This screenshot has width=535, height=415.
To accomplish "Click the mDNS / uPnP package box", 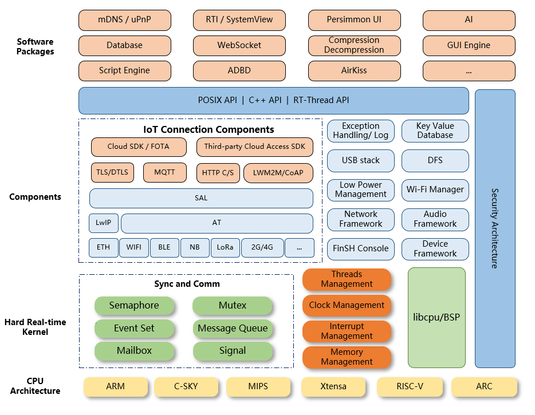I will point(125,19).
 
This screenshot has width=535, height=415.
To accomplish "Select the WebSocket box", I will point(239,45).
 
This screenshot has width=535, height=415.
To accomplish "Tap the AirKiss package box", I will point(354,71).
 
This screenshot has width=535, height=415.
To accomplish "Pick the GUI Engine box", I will point(469,45).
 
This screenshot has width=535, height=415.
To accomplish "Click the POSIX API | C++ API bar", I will point(273,100).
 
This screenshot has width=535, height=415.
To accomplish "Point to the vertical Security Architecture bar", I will point(495,228).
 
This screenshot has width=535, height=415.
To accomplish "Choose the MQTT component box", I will point(164,172).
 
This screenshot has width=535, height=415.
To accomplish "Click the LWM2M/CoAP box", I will point(278,173).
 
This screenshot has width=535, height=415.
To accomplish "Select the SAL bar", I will point(201,198).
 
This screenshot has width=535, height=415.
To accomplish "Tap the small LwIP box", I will point(103,223).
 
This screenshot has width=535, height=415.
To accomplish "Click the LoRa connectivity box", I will point(225,248).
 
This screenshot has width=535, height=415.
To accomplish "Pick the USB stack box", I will point(361,161).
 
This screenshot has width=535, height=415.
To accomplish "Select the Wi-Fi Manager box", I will point(435,189).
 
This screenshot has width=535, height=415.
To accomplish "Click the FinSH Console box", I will point(361,249).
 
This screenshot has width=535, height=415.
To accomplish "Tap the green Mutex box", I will point(233,306).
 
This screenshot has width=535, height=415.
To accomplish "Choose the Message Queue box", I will point(233,329).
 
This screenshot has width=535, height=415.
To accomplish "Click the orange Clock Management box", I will point(347,306).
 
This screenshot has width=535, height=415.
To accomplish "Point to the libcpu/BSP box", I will point(436,317).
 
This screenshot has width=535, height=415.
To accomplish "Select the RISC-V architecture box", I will point(410,386).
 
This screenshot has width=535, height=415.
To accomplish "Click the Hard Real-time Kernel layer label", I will point(35,327).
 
